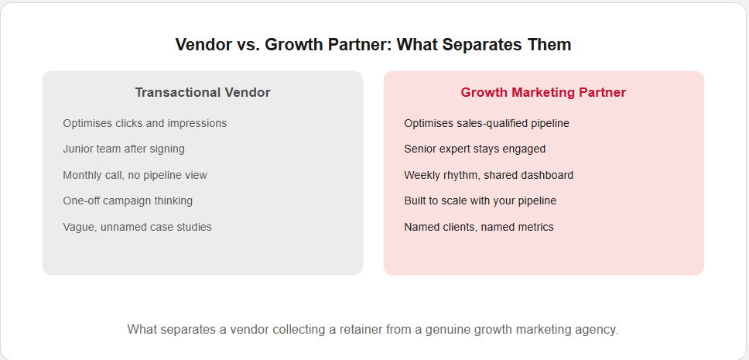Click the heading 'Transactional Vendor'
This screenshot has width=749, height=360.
coord(203,92)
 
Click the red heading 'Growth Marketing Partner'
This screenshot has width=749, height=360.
coord(543,92)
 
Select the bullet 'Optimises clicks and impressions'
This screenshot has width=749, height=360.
coord(145,123)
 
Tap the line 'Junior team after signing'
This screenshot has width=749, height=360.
coord(124,149)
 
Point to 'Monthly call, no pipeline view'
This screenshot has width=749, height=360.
coord(135,175)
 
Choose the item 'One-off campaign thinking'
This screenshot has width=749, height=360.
coord(128,201)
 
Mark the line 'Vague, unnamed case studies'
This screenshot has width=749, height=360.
coord(137,227)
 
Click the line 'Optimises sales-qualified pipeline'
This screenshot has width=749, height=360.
coord(487,123)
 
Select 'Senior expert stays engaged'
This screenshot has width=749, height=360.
coord(475,149)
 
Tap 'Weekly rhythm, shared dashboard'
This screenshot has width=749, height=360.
coord(489,175)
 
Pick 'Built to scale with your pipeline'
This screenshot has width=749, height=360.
coord(480,201)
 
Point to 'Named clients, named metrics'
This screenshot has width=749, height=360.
coord(479,227)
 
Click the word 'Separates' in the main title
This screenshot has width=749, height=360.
coord(482,44)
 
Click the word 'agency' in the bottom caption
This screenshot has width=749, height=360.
coord(600,330)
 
